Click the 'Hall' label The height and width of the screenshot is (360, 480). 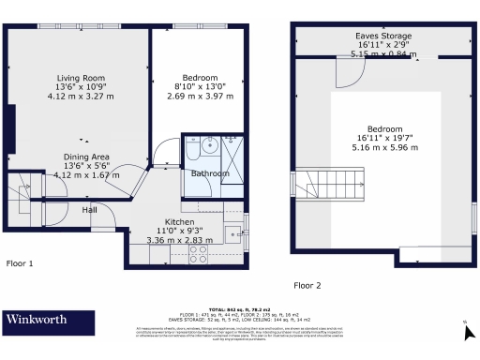(89, 209)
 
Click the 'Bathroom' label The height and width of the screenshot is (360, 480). (210, 173)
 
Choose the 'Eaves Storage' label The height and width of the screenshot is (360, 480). (376, 36)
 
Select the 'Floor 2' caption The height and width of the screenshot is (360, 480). (307, 285)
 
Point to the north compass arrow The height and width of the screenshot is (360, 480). (464, 324)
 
